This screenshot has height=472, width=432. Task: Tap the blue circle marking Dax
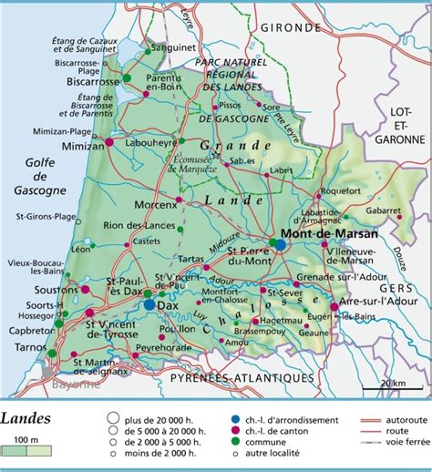pyautogui.click(x=149, y=305)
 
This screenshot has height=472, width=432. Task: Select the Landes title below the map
pyautogui.click(x=26, y=418)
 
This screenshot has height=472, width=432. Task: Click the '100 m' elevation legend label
pyautogui.click(x=26, y=440)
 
